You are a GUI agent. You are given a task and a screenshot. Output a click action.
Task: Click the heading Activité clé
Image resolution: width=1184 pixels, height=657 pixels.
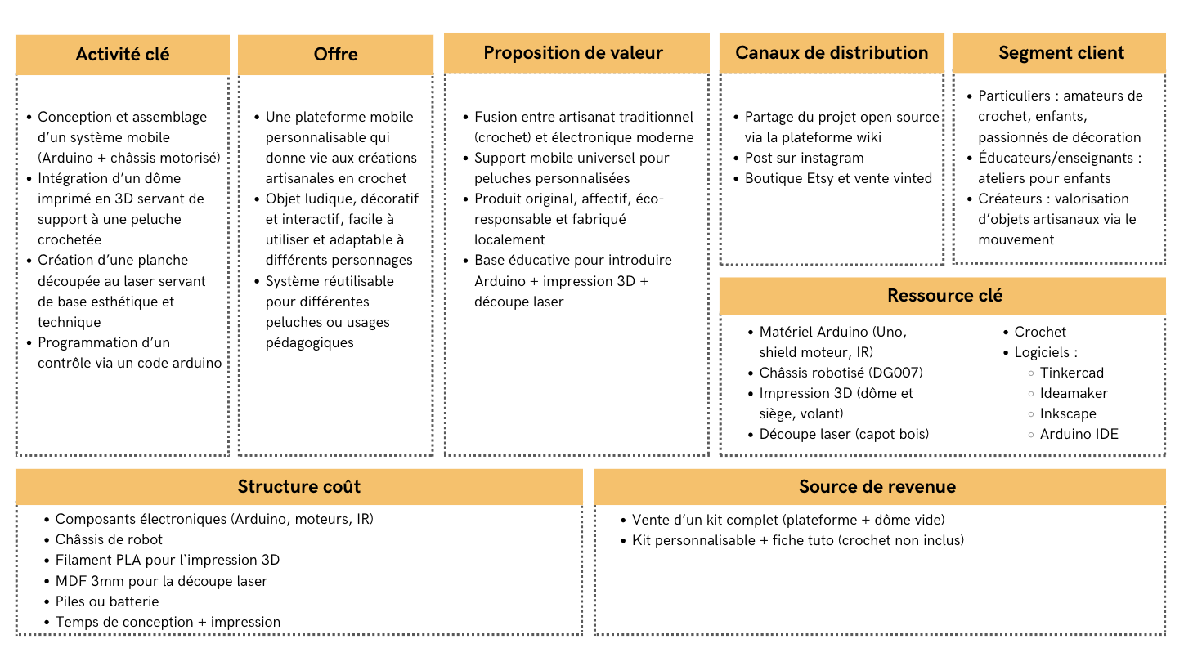pyautogui.click(x=123, y=55)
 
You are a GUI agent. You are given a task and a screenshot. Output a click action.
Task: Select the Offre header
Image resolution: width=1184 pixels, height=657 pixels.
pyautogui.click(x=335, y=55)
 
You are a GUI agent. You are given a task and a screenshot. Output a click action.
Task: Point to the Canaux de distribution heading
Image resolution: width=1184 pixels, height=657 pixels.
pyautogui.click(x=832, y=53)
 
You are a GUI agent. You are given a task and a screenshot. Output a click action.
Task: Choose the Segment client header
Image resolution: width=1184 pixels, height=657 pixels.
pyautogui.click(x=1061, y=53)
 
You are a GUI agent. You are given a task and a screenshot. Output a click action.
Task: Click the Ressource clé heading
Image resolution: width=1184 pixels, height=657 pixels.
pyautogui.click(x=944, y=296)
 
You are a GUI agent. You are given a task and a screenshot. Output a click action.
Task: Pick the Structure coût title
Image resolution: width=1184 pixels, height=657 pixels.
pyautogui.click(x=299, y=487)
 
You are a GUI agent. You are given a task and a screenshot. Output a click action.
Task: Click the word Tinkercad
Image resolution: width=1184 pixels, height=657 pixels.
pyautogui.click(x=1071, y=373)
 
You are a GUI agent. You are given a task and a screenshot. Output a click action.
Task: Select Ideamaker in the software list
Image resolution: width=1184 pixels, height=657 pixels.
pyautogui.click(x=1074, y=393)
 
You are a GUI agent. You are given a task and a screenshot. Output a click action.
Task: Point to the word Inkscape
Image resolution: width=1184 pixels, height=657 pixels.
pyautogui.click(x=1068, y=413)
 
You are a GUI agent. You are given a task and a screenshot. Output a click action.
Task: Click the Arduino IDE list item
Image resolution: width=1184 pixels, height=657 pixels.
pyautogui.click(x=1079, y=434)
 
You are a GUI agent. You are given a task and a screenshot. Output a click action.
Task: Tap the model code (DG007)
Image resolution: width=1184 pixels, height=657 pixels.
pyautogui.click(x=895, y=373)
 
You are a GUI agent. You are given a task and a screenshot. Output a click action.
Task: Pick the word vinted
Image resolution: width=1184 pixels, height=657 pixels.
pyautogui.click(x=910, y=178)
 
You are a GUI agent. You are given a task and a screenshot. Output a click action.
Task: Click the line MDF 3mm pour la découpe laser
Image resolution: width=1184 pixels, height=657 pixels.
pyautogui.click(x=161, y=581)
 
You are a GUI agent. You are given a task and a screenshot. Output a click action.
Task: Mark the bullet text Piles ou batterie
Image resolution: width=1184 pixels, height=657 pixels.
pyautogui.click(x=107, y=601)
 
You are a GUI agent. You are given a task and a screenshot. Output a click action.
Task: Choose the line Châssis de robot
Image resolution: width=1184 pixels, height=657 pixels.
pyautogui.click(x=109, y=539)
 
